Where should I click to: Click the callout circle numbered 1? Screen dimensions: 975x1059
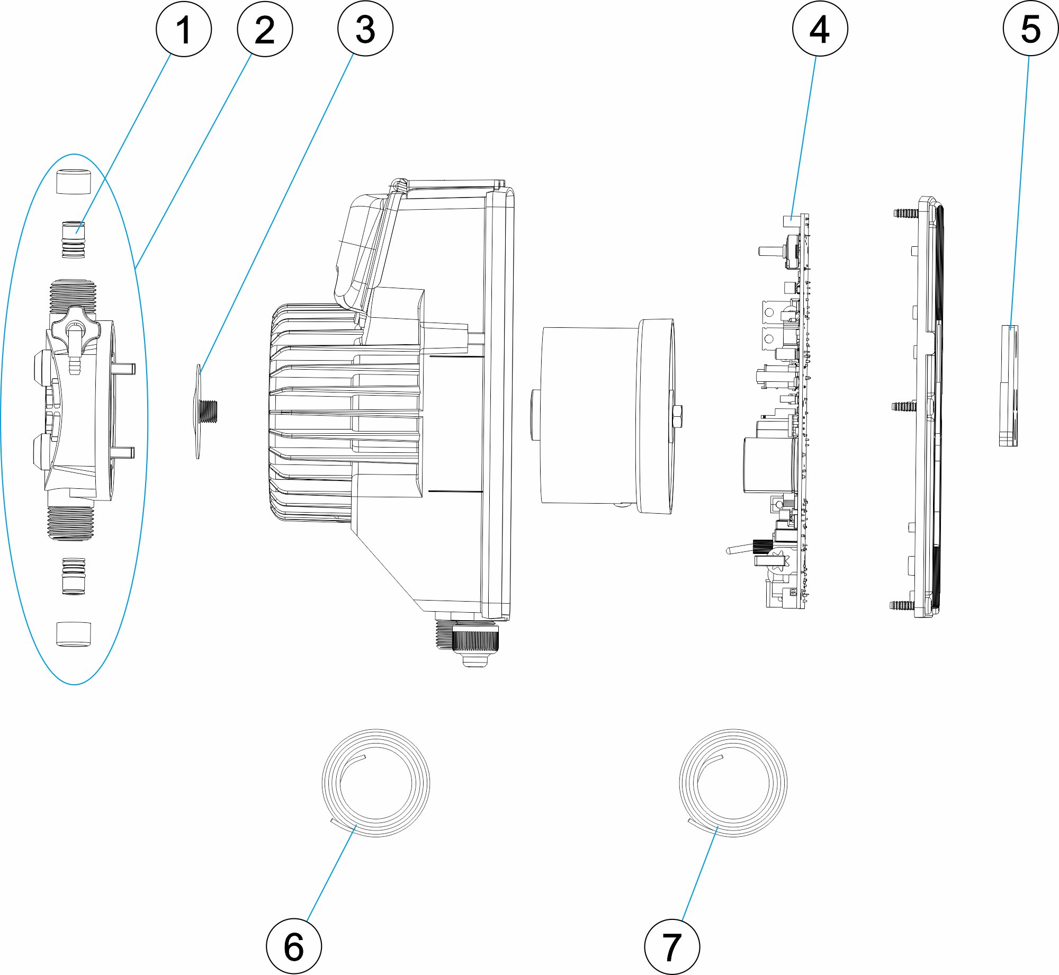(184, 29)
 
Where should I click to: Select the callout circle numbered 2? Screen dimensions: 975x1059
(265, 29)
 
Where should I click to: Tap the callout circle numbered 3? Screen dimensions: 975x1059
(365, 29)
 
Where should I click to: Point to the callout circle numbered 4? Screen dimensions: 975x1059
(820, 29)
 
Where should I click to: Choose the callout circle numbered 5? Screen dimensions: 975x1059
(1030, 29)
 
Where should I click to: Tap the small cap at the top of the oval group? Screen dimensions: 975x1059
(73, 181)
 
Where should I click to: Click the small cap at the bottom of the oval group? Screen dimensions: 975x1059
(73, 634)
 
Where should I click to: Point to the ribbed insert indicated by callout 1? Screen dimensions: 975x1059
(73, 240)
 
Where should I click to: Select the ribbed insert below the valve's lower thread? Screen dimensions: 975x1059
(73, 576)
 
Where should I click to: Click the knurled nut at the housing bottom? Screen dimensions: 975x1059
(475, 639)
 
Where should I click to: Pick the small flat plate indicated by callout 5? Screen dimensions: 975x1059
(1008, 386)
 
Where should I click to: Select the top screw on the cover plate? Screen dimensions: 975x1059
(906, 213)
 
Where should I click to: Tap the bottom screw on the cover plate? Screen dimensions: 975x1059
(903, 605)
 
